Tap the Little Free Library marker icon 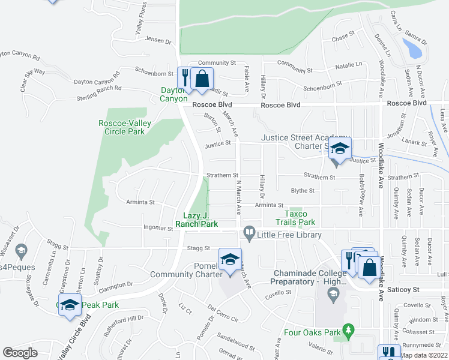(249, 233)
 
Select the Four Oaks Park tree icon (347, 330)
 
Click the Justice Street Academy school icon (339, 150)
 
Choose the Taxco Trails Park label (300, 218)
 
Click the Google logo (20, 353)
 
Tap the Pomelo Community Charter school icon (229, 260)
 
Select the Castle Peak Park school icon (70, 305)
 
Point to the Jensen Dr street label (158, 41)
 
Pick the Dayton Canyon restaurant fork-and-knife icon (185, 77)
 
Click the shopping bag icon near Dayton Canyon (202, 78)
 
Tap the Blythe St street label (303, 191)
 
